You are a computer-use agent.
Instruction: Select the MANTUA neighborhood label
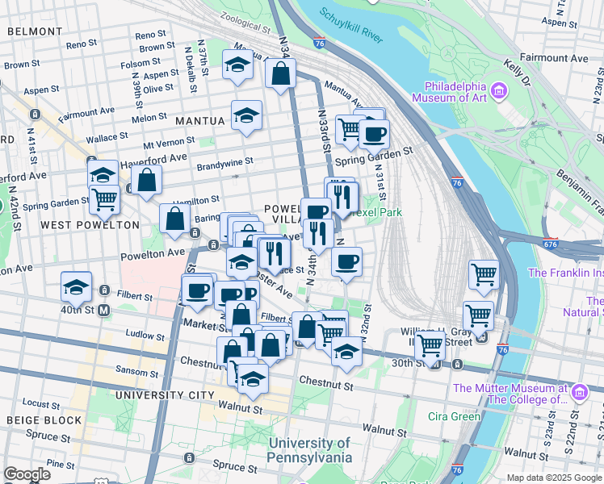coord(200,120)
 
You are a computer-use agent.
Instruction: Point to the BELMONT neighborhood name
coord(35,31)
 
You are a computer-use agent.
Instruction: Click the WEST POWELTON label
coord(90,225)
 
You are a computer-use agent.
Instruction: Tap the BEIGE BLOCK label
coord(44,420)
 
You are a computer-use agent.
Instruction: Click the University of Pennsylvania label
coord(310,450)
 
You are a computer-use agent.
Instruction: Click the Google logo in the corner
coord(27,474)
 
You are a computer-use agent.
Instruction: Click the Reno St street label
coord(150,35)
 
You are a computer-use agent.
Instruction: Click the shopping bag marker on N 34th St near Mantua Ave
coord(280,73)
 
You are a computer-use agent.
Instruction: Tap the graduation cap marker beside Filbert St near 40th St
coord(76,286)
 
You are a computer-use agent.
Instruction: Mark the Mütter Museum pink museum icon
coord(579,393)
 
